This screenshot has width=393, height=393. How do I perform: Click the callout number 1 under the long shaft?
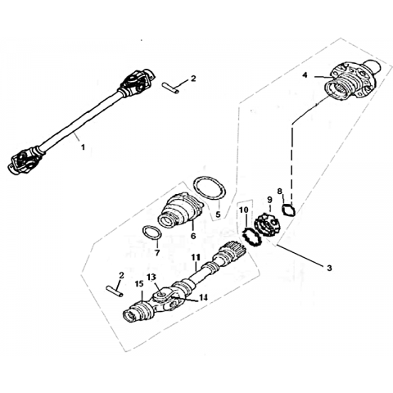tap(83, 147)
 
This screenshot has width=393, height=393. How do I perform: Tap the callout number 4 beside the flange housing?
tap(305, 75)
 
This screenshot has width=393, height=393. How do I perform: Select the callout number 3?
tap(329, 268)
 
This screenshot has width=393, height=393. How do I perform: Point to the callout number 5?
tap(218, 215)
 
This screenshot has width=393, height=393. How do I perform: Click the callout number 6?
tap(193, 236)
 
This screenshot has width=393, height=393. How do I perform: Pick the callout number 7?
tap(157, 253)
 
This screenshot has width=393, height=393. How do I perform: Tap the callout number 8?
tap(279, 192)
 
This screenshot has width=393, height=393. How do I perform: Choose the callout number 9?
tap(269, 200)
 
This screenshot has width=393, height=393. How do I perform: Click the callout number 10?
tap(244, 210)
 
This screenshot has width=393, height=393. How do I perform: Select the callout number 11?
tap(196, 257)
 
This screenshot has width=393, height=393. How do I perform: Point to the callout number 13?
tap(151, 278)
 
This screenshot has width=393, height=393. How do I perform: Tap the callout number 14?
tap(203, 297)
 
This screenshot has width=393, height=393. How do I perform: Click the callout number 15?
tap(139, 284)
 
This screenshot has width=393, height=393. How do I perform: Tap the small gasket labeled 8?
tap(288, 210)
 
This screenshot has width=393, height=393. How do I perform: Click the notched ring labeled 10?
tap(252, 237)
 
